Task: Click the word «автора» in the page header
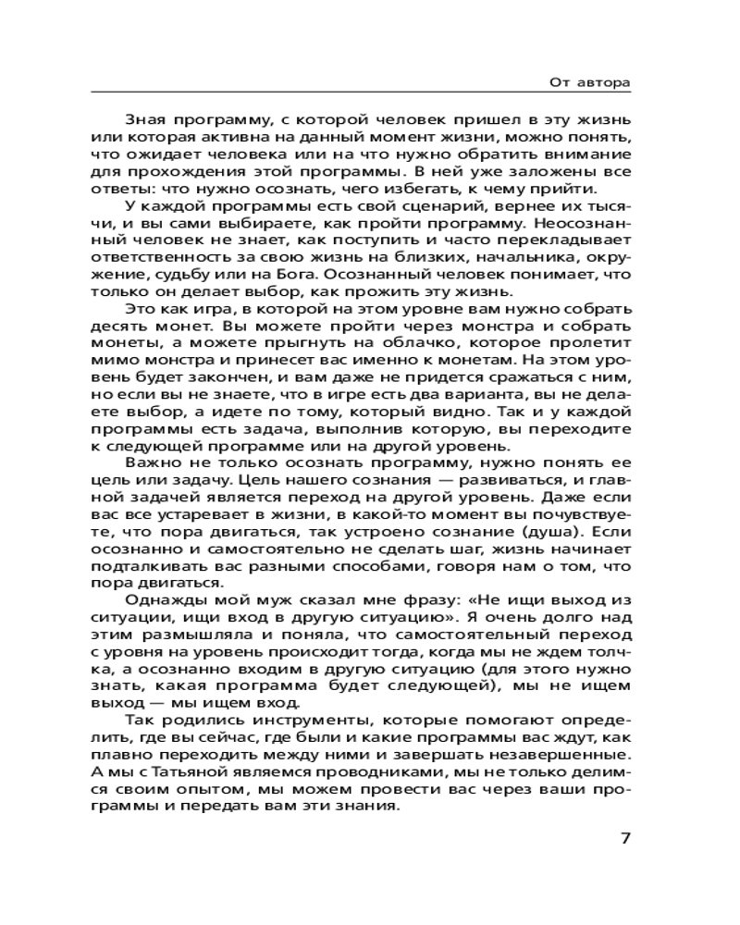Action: point(602,82)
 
